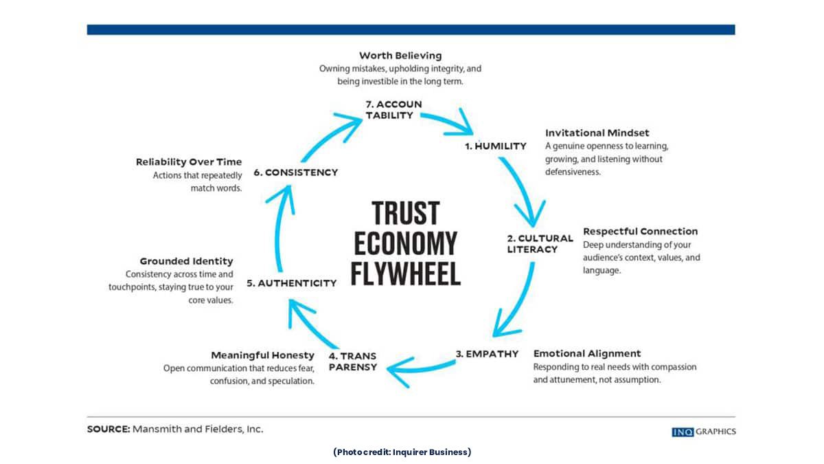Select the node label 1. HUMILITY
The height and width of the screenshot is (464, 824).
(x=495, y=146)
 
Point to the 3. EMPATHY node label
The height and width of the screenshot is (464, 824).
(x=487, y=354)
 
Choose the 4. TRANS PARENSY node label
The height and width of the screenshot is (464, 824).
(x=352, y=361)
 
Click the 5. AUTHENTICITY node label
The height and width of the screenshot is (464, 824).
(x=291, y=283)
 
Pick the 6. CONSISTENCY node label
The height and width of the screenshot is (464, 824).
(x=296, y=172)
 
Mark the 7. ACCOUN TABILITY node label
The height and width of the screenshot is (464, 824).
(x=393, y=110)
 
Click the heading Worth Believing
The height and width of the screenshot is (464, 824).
(x=400, y=55)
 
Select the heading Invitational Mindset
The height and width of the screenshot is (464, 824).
(x=597, y=133)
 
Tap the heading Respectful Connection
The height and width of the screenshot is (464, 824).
(x=640, y=231)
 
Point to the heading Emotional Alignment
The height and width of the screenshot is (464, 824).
(x=587, y=353)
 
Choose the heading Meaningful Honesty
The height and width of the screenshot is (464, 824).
(x=262, y=355)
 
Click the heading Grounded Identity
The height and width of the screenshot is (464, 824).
(x=186, y=261)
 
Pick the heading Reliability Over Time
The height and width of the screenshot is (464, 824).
(x=189, y=162)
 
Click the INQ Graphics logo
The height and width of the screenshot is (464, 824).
(x=703, y=432)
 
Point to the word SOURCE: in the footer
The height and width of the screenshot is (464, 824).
(x=108, y=429)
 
